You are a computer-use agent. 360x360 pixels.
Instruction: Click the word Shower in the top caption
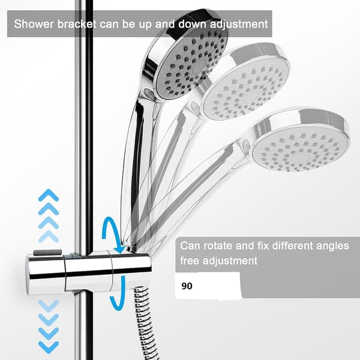[x=34, y=24]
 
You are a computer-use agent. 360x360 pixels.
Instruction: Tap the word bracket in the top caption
[x=77, y=24]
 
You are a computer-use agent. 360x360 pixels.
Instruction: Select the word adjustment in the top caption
[x=239, y=25]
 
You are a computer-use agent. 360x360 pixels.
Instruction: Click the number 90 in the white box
[x=187, y=286]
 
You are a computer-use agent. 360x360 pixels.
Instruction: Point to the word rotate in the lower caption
[x=218, y=245]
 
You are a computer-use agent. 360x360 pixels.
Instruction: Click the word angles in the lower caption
[x=332, y=246]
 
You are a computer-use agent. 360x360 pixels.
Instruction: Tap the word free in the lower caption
[x=190, y=260]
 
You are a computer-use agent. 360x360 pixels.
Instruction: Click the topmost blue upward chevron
[x=49, y=195]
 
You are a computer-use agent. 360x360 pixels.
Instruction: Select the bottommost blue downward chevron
[x=49, y=347]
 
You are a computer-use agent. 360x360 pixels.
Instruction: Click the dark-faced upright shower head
[x=186, y=55]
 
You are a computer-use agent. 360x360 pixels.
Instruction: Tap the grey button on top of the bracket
[x=48, y=253]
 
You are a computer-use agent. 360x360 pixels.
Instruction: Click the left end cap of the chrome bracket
[x=46, y=274]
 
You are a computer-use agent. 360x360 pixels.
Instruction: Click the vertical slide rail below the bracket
[x=83, y=326]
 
